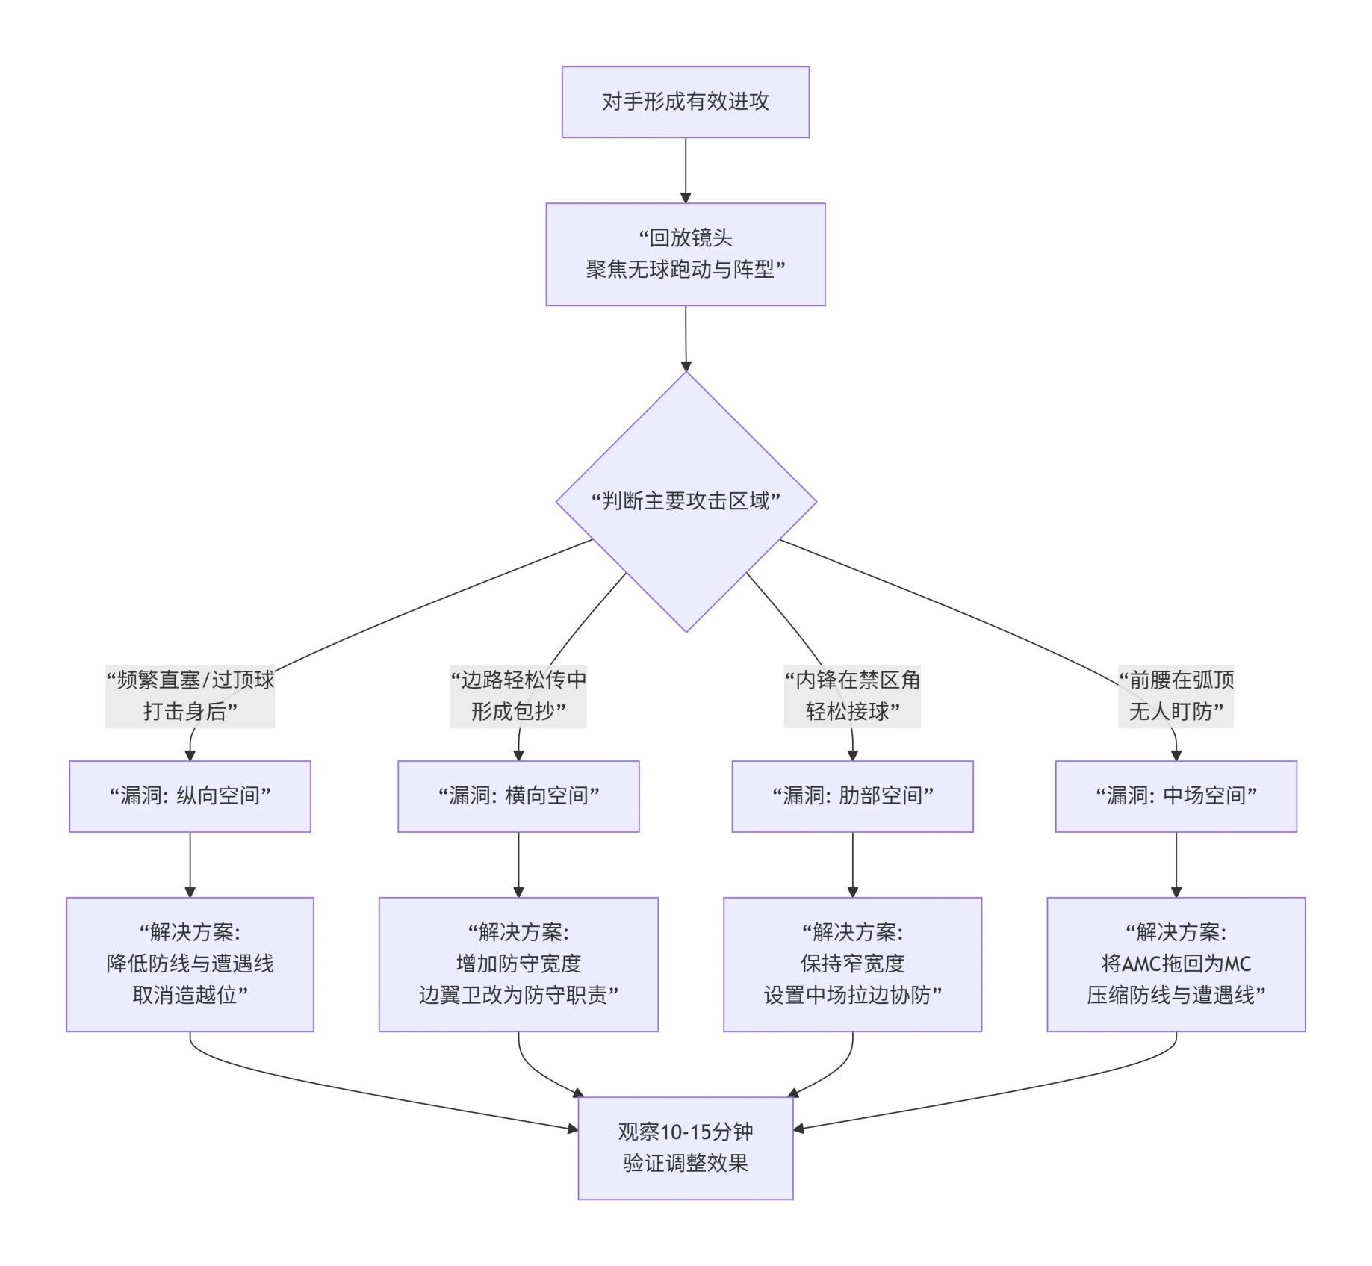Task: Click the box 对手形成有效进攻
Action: point(685,102)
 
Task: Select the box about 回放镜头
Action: point(685,254)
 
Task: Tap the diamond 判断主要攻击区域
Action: point(686,501)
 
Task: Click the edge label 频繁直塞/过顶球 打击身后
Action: point(190,695)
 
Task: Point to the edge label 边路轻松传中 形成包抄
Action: point(518,695)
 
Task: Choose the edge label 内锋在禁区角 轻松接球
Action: point(852,695)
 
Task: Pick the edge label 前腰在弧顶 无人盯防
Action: point(1176,695)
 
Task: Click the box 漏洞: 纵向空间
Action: point(190,796)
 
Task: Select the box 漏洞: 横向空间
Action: point(518,796)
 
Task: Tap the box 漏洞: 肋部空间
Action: point(852,796)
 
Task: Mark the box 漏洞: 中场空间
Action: point(1176,796)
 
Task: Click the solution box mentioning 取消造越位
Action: point(190,964)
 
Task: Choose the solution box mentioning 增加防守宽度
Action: point(518,964)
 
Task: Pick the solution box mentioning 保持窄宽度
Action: point(852,964)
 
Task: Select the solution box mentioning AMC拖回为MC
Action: point(1176,964)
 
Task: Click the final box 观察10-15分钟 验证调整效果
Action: point(685,1148)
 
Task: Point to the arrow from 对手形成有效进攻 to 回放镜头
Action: point(686,170)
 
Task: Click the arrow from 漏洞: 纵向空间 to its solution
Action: point(190,864)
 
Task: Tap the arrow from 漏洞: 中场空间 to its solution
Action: point(1176,864)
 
